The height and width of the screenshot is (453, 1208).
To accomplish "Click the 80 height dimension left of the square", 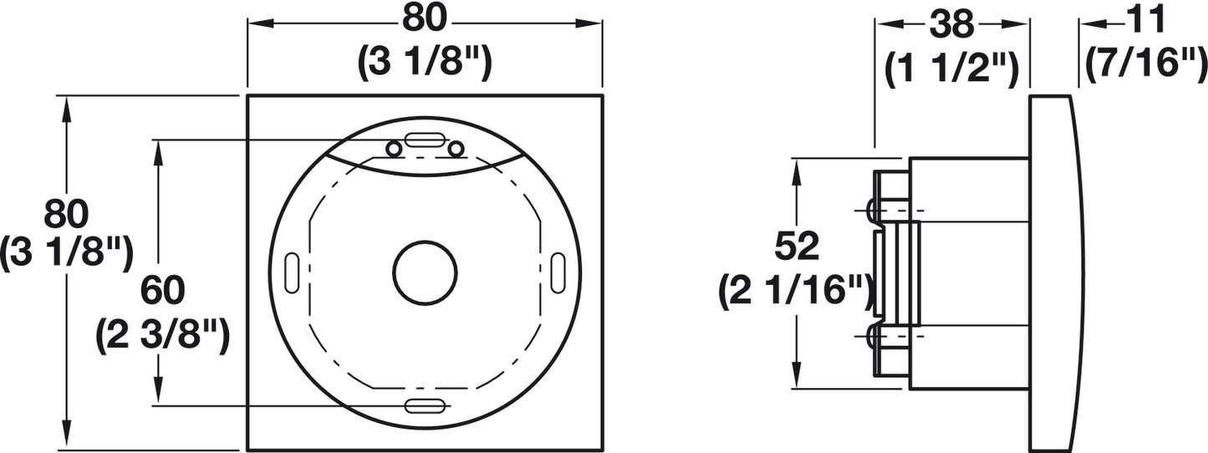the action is click(66, 214).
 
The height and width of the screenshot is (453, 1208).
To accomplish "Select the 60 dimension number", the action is click(162, 290).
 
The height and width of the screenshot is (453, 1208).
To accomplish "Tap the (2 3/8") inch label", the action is click(162, 337).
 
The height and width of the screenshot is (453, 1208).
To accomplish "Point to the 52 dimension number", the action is click(797, 247).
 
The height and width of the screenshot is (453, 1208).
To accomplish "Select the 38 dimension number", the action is click(952, 24).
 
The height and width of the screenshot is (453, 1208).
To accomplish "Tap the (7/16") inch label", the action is click(1145, 66).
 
